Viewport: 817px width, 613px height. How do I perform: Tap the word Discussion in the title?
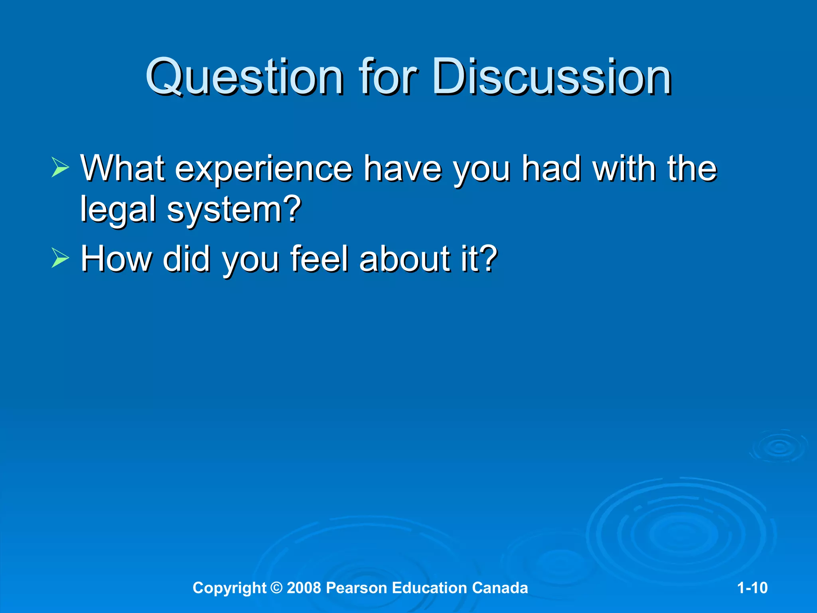point(552,77)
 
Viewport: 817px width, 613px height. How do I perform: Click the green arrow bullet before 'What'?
point(60,167)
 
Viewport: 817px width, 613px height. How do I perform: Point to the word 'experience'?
point(263,169)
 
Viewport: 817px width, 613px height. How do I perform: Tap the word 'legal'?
point(118,210)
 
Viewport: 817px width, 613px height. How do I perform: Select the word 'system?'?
point(234,210)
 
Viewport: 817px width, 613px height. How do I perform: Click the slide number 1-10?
point(752,588)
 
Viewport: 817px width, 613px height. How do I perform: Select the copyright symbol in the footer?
point(276,588)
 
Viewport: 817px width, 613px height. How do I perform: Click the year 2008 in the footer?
point(304,588)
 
